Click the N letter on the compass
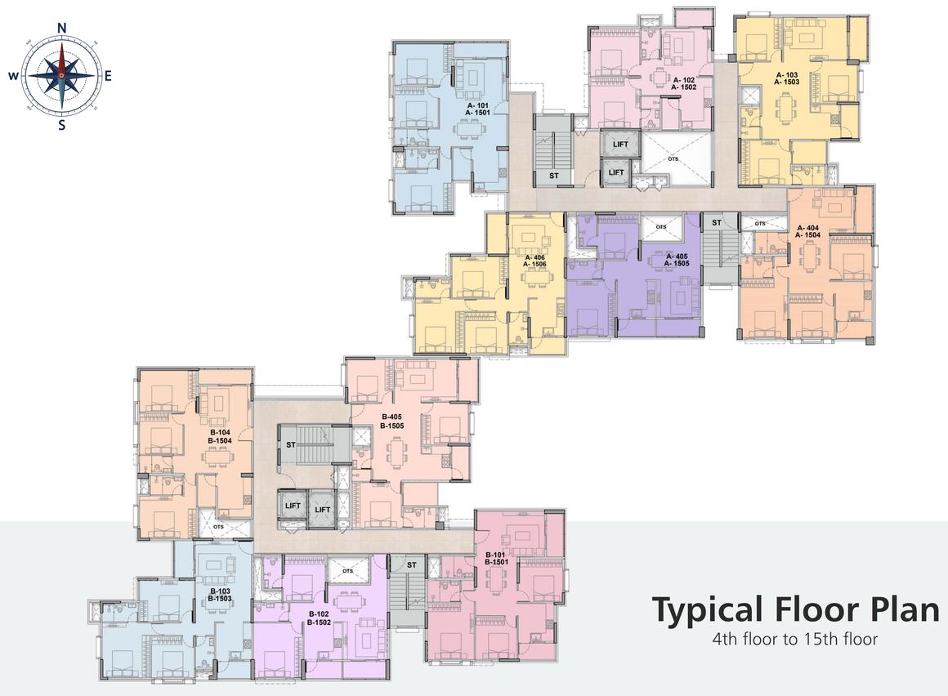[x=61, y=28]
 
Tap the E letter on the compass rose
[x=108, y=75]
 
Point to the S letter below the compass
[x=61, y=126]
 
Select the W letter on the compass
[x=13, y=75]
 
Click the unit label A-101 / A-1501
[x=477, y=109]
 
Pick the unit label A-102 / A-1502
[x=684, y=83]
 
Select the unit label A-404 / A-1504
[x=808, y=231]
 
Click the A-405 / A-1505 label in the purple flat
[x=677, y=260]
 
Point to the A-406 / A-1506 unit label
[x=534, y=261]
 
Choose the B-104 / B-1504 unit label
[x=220, y=437]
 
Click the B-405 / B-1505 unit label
[x=391, y=422]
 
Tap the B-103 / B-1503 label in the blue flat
[x=220, y=595]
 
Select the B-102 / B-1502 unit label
[x=319, y=618]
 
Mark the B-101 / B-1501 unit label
[x=496, y=558]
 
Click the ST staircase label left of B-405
[x=291, y=444]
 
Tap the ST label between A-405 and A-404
[x=717, y=223]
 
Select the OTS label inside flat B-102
[x=347, y=571]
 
